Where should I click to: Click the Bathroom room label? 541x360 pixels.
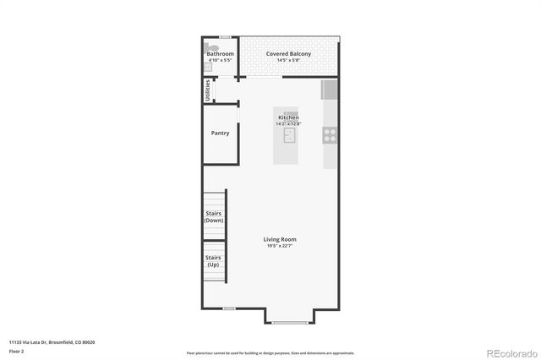pyautogui.click(x=220, y=54)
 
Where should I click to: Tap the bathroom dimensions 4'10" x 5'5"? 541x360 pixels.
pyautogui.click(x=220, y=61)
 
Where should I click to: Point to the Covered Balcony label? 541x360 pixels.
pyautogui.click(x=288, y=54)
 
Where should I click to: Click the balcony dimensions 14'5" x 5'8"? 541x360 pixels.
pyautogui.click(x=288, y=61)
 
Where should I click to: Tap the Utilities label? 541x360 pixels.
pyautogui.click(x=208, y=90)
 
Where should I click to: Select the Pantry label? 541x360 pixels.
pyautogui.click(x=220, y=133)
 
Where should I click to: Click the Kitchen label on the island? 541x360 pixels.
pyautogui.click(x=288, y=117)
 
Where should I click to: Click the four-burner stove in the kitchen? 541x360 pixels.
pyautogui.click(x=330, y=133)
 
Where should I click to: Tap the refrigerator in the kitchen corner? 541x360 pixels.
pyautogui.click(x=330, y=90)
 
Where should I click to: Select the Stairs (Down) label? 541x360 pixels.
pyautogui.click(x=214, y=216)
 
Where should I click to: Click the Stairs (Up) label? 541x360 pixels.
pyautogui.click(x=214, y=260)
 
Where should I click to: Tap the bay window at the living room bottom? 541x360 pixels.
pyautogui.click(x=290, y=322)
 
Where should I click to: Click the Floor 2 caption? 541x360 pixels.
pyautogui.click(x=17, y=350)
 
